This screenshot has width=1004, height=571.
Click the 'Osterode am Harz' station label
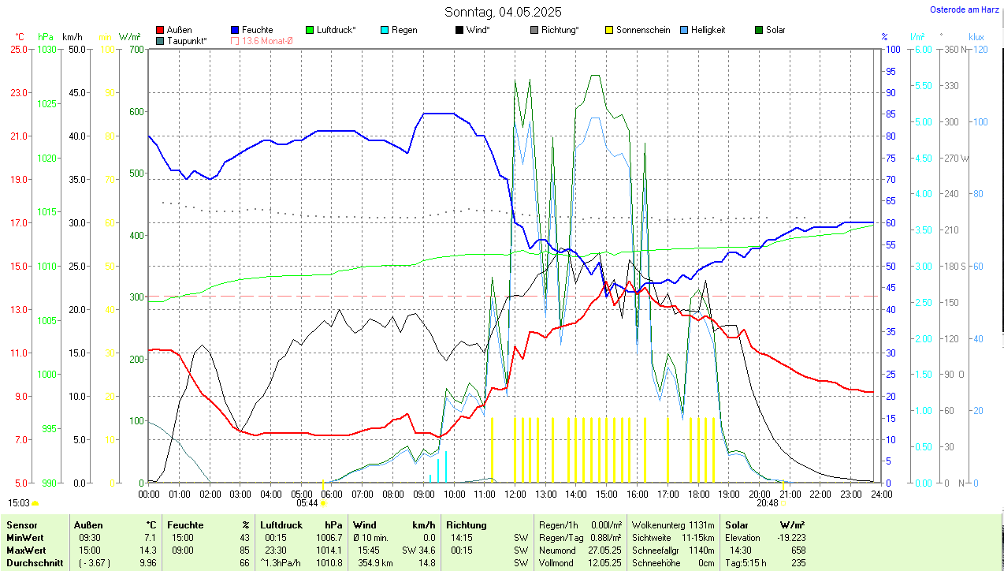(965, 9)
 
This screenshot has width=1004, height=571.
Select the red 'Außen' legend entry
(179, 30)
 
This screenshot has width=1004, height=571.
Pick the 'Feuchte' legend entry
(257, 30)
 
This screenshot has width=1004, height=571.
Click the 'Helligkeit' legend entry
(708, 30)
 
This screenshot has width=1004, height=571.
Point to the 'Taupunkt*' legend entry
(187, 40)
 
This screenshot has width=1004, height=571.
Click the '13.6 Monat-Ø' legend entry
(267, 40)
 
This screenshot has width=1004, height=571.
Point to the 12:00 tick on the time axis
(515, 494)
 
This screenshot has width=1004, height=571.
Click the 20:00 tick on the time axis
(759, 494)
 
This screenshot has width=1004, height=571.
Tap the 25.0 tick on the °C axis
(18, 49)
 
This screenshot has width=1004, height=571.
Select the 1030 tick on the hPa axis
(46, 49)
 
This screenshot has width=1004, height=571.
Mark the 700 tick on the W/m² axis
(136, 49)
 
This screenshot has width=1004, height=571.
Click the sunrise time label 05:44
(307, 502)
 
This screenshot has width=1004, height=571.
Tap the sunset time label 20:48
(767, 502)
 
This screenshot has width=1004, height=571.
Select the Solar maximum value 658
(798, 550)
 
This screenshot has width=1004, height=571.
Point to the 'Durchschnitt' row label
(35, 563)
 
